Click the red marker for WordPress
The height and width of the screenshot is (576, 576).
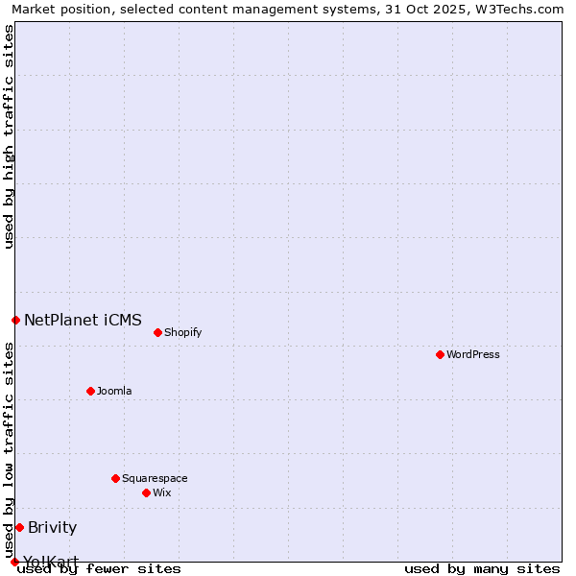pyautogui.click(x=440, y=354)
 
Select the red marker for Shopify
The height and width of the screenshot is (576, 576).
pyautogui.click(x=157, y=332)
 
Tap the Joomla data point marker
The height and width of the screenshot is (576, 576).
pyautogui.click(x=90, y=391)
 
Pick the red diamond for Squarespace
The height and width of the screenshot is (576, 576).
pyautogui.click(x=115, y=478)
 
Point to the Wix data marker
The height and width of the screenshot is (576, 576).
pyautogui.click(x=146, y=492)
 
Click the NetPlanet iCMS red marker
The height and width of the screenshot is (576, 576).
pyautogui.click(x=15, y=320)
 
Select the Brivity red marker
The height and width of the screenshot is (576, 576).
pyautogui.click(x=19, y=527)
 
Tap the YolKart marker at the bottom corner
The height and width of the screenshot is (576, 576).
pyautogui.click(x=14, y=562)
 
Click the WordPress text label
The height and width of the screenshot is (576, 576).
pyautogui.click(x=473, y=354)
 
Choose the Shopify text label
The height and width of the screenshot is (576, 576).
pyautogui.click(x=182, y=332)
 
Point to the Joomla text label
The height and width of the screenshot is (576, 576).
pyautogui.click(x=114, y=391)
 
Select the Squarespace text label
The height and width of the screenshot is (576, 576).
pyautogui.click(x=155, y=478)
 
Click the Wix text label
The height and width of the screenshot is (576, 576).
pyautogui.click(x=161, y=492)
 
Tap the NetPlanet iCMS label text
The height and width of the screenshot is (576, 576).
pyautogui.click(x=83, y=320)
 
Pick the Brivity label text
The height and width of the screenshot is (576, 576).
pyautogui.click(x=52, y=527)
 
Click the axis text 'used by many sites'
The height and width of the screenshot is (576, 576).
pyautogui.click(x=482, y=568)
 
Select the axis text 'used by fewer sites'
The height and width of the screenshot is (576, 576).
pyautogui.click(x=99, y=568)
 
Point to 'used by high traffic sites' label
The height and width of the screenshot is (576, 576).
pyautogui.click(x=9, y=136)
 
